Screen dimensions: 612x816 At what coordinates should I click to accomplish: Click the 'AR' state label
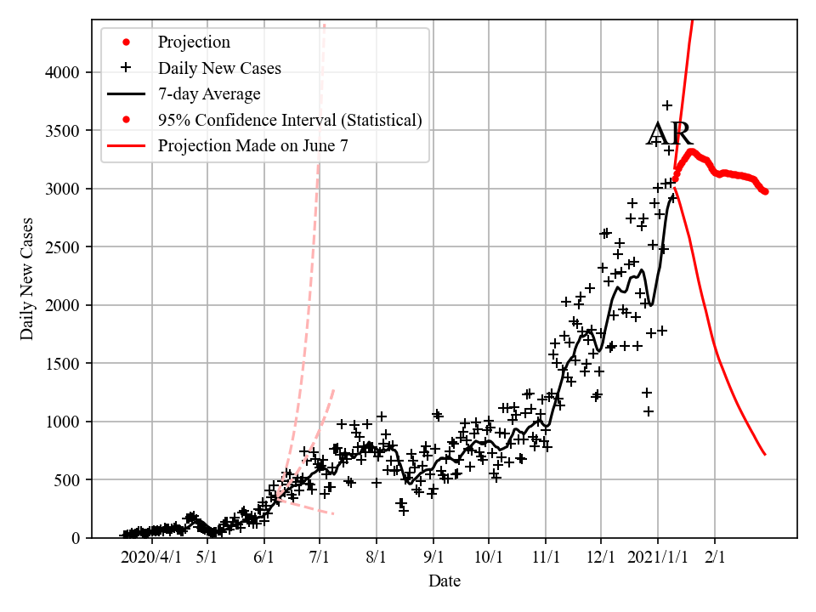tap(670, 134)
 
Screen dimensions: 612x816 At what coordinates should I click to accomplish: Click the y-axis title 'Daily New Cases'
tap(27, 279)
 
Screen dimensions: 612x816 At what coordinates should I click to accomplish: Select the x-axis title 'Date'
tap(445, 581)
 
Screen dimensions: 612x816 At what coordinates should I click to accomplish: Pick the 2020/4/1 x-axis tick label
tap(150, 557)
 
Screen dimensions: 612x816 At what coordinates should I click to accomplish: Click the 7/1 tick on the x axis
tap(320, 557)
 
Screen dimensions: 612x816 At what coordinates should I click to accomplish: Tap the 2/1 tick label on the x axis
tap(715, 557)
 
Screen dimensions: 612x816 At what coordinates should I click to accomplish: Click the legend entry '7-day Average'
tap(209, 93)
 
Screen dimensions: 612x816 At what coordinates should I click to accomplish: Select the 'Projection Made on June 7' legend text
tap(252, 146)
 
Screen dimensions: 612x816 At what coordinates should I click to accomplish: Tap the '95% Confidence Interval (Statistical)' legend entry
tap(290, 120)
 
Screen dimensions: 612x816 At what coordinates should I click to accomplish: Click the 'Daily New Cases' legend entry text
tap(219, 67)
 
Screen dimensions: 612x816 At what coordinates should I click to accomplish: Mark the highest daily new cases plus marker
tap(667, 105)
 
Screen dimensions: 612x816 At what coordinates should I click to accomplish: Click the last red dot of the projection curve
tap(765, 191)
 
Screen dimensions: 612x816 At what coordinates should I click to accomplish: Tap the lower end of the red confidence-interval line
tap(765, 455)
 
